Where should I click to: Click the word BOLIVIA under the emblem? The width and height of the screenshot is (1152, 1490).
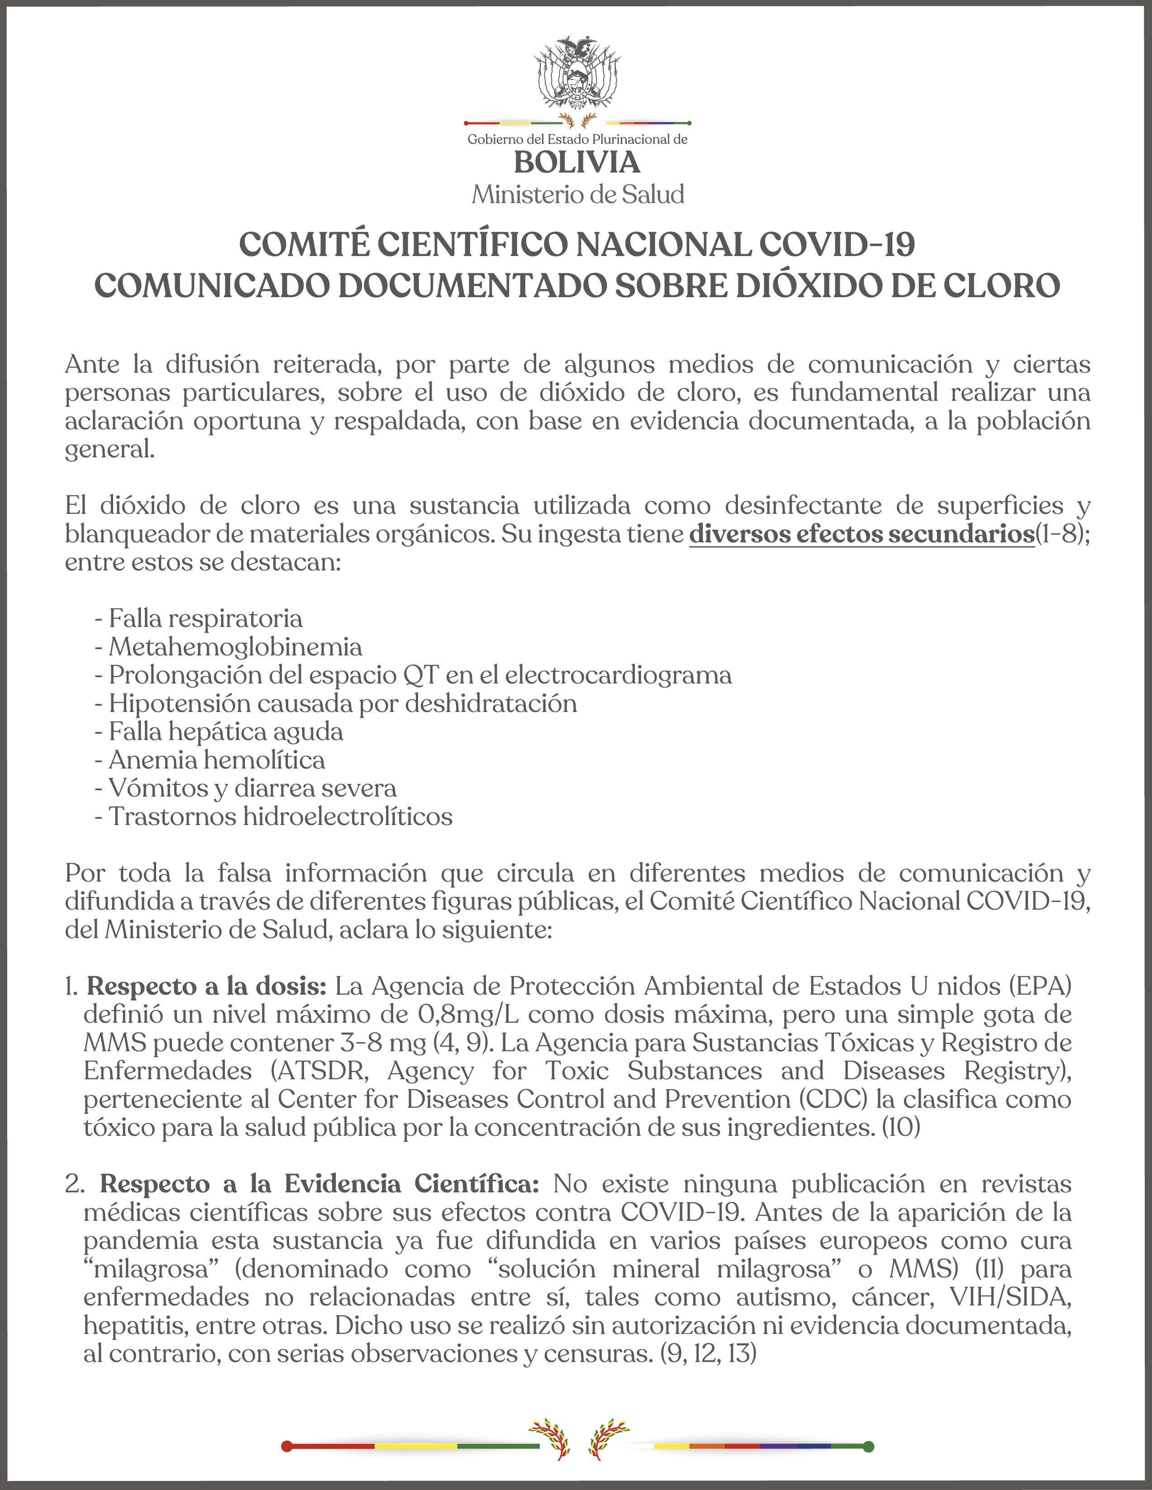click(x=577, y=163)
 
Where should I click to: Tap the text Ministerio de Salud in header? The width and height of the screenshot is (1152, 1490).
click(x=577, y=195)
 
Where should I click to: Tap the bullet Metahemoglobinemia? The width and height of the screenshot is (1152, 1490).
click(x=235, y=647)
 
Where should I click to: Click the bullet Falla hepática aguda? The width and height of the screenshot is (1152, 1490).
click(x=225, y=731)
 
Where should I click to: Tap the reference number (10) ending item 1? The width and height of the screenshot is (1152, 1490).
click(x=901, y=1127)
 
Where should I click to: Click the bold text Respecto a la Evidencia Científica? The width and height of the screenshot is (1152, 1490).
click(x=319, y=1184)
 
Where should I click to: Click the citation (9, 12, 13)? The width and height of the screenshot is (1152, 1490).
click(x=708, y=1353)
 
